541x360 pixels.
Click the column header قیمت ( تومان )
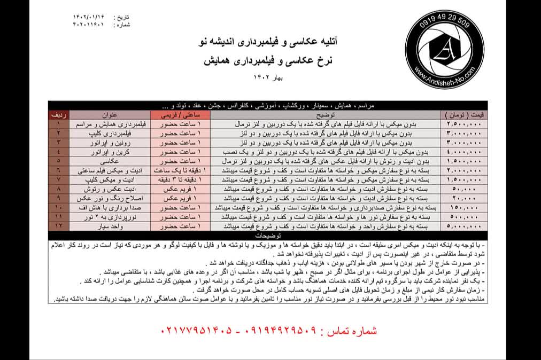pyautogui.click(x=463, y=114)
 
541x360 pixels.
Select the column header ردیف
pyautogui.click(x=58, y=114)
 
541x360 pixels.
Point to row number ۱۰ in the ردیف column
pyautogui.click(x=58, y=207)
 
